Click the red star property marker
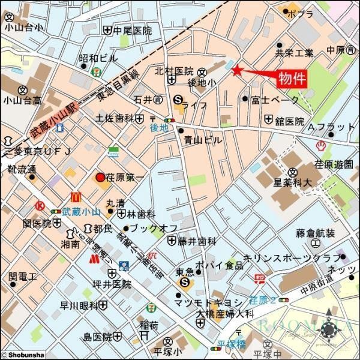pos(236,71)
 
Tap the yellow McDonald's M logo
pos(76,196)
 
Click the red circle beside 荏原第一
pos(100,178)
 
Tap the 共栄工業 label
pos(295,53)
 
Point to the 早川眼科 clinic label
pos(79,305)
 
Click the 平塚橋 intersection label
pos(228,344)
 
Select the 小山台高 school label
pos(22,100)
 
